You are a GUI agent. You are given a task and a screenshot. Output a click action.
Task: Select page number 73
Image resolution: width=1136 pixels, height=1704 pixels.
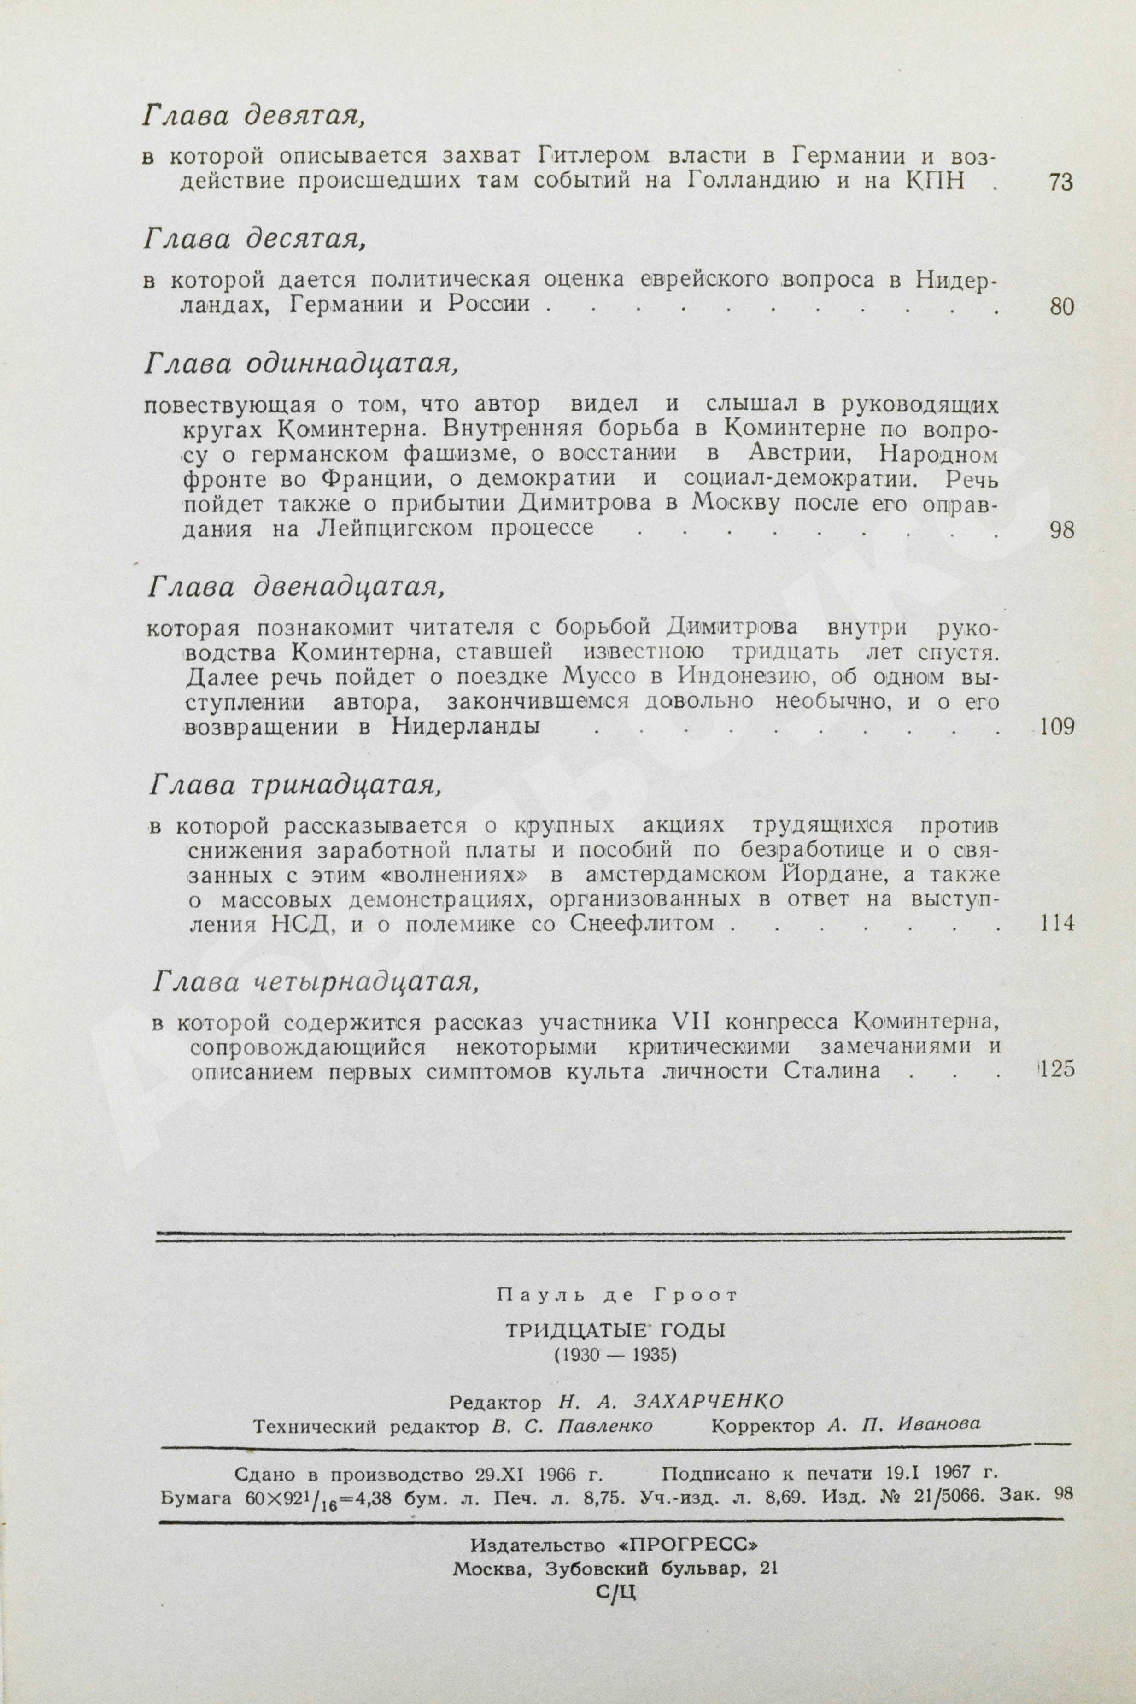pyautogui.click(x=1060, y=182)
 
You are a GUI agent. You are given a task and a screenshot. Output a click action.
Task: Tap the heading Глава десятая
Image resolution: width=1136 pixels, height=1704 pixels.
pyautogui.click(x=253, y=239)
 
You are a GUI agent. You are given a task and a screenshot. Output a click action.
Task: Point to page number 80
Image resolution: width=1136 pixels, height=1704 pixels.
pyautogui.click(x=1060, y=307)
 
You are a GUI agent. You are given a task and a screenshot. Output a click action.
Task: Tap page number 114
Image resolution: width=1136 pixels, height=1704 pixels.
pyautogui.click(x=1055, y=924)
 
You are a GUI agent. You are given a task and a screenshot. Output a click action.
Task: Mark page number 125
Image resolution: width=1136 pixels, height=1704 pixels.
pyautogui.click(x=1055, y=1070)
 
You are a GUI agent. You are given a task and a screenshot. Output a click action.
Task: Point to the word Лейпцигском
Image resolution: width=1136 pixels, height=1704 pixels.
pyautogui.click(x=394, y=528)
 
